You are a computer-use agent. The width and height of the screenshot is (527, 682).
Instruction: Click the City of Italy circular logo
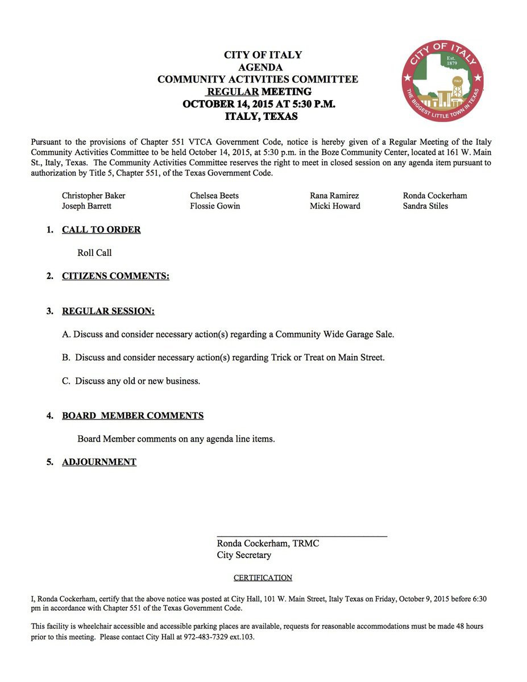tap(442, 80)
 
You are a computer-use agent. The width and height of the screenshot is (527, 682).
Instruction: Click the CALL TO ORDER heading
tap(101, 230)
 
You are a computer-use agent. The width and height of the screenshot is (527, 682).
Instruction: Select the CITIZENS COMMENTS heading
tap(115, 276)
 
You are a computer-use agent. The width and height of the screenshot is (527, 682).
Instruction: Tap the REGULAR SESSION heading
tap(108, 311)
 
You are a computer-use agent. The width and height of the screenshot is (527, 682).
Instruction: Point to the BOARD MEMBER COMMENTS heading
tap(132, 415)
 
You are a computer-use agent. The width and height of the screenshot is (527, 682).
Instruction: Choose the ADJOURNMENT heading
tap(99, 462)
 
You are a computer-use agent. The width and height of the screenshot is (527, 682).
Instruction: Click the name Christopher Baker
tap(93, 196)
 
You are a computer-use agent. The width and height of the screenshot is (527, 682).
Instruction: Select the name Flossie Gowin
tap(215, 206)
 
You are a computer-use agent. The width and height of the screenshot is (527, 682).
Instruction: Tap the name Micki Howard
tap(335, 206)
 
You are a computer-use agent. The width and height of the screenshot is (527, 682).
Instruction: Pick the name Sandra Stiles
tap(425, 206)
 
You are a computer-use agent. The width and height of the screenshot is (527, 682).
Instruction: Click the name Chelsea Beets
tap(214, 196)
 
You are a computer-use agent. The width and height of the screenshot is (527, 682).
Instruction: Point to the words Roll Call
tap(94, 253)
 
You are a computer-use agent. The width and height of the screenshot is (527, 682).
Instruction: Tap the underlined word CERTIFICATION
tap(263, 578)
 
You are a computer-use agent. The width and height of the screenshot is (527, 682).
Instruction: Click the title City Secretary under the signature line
tap(244, 555)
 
